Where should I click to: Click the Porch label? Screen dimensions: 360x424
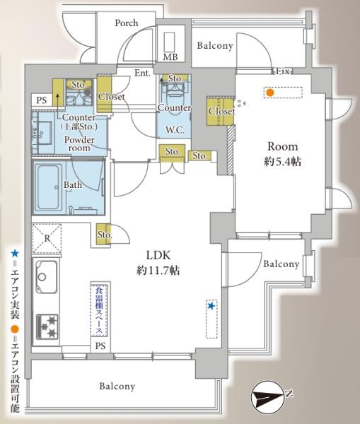point(127,23)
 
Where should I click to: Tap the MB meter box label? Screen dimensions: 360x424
point(170,57)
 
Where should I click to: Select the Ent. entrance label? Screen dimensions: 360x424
point(142,73)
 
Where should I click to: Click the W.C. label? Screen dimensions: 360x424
point(175,130)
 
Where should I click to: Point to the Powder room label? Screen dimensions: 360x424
point(79,144)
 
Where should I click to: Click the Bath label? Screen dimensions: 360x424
point(73,185)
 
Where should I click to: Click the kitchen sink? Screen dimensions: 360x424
point(46,276)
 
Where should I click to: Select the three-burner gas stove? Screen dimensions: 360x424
point(47,326)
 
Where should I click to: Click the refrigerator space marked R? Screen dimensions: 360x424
point(47,238)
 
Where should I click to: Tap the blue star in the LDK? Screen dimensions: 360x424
point(211,306)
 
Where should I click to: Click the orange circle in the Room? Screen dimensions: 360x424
point(269,93)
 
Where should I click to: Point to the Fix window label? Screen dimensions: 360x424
point(283,71)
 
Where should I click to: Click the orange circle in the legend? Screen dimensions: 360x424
point(15,329)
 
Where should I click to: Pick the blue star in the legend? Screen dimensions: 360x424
point(15,254)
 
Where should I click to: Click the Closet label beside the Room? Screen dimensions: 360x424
point(221,111)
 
